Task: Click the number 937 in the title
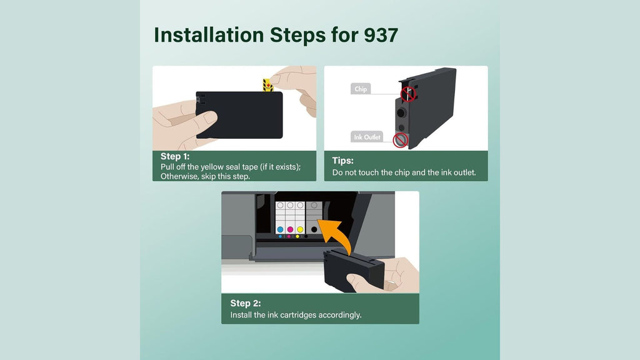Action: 381,35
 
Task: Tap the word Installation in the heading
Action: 209,35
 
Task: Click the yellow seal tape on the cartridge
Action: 267,85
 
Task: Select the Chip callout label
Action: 361,89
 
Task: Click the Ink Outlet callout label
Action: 367,137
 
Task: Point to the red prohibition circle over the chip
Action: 407,94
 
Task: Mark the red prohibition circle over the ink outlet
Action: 401,140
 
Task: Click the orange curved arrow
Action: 337,235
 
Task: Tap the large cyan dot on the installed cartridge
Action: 280,230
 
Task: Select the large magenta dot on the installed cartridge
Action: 290,230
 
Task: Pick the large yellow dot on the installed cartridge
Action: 301,230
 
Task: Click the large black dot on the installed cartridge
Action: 314,230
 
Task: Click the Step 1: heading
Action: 175,156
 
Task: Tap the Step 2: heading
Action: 245,303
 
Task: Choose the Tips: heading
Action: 343,161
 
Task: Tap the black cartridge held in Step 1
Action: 239,115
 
